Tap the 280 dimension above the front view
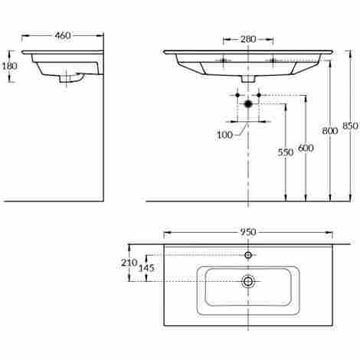point(248,39)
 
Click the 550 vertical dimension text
point(285,152)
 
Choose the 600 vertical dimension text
point(306,147)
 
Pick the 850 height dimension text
point(349,126)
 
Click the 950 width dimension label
point(248,232)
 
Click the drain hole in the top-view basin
point(248,281)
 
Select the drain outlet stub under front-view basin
point(248,78)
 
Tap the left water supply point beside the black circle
point(237,95)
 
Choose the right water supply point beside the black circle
point(260,95)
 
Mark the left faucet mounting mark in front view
point(224,59)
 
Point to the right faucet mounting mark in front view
point(272,59)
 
